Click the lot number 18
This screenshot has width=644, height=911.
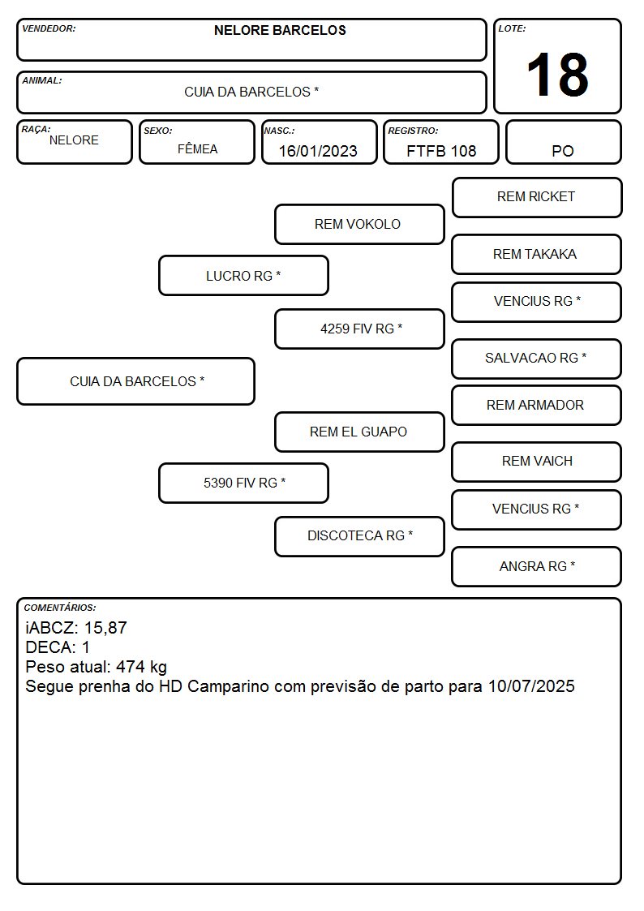(557, 75)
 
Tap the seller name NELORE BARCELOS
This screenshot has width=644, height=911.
(280, 30)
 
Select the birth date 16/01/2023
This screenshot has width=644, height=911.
(318, 151)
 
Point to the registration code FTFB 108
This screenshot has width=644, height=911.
(441, 151)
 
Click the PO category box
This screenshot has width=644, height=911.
(563, 142)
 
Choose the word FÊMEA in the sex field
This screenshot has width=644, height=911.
(197, 148)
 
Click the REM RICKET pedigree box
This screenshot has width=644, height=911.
(537, 198)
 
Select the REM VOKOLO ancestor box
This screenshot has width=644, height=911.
(359, 224)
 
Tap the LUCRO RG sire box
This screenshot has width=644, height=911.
(243, 275)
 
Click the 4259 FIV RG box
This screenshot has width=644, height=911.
(359, 329)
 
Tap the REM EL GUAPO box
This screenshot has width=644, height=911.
(359, 432)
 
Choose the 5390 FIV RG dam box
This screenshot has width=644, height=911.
(243, 483)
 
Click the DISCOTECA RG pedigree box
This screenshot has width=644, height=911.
(359, 536)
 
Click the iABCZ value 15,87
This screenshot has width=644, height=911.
(105, 628)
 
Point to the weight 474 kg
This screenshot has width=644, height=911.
(141, 667)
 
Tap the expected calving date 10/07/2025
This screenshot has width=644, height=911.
(531, 686)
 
